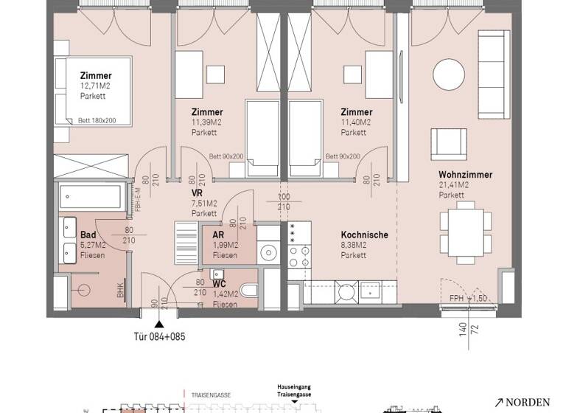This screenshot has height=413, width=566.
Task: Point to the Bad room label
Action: point(87,235)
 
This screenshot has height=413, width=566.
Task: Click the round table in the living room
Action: point(449,74)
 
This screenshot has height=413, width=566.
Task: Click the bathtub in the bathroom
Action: point(92,198)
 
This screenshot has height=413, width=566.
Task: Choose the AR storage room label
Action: point(219,235)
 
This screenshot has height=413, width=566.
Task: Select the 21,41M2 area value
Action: point(455,185)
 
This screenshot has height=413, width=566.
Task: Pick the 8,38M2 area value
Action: point(355,246)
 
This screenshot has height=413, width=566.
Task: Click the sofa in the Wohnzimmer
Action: point(494,74)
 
